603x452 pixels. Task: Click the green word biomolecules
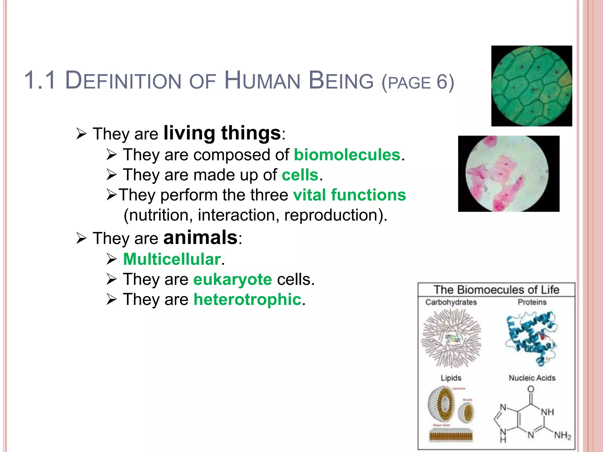coord(347,155)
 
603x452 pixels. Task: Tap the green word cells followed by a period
coord(300,175)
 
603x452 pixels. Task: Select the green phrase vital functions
coord(349,195)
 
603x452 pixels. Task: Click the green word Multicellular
coord(172,259)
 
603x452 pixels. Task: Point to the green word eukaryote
coord(232,279)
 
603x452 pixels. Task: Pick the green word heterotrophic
coord(247,300)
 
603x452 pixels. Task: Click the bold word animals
coord(200,237)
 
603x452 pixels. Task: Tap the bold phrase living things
coord(222,133)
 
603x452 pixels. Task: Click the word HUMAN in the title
coord(262,81)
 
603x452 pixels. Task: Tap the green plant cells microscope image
coord(531,86)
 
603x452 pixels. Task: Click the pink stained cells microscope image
coord(508,174)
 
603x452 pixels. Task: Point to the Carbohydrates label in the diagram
coord(451,302)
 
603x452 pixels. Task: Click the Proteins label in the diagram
coord(532,302)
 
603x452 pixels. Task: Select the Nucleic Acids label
coord(532,378)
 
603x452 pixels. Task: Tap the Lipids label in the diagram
coord(451,378)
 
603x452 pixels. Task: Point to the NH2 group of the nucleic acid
coord(562,435)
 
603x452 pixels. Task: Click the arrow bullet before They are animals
coord(81,238)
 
